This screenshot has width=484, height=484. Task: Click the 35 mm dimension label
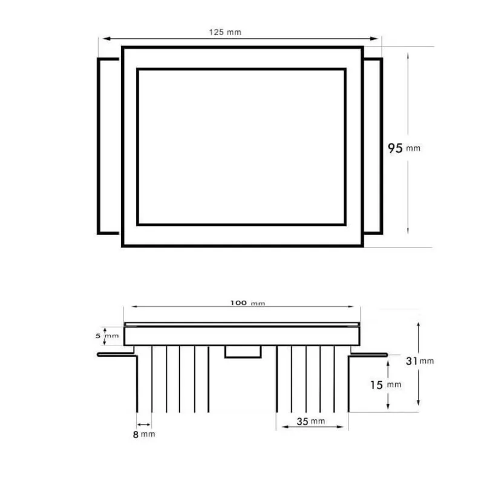tap(312, 420)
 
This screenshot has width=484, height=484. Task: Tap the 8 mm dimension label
tap(144, 434)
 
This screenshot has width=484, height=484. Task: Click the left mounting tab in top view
tap(109, 145)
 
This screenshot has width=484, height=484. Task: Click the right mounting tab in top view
tap(373, 145)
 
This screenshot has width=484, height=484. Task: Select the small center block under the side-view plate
tap(243, 352)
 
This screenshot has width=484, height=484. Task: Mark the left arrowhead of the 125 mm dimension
tap(102, 39)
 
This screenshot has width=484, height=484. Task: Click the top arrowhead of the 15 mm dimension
tap(387, 359)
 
